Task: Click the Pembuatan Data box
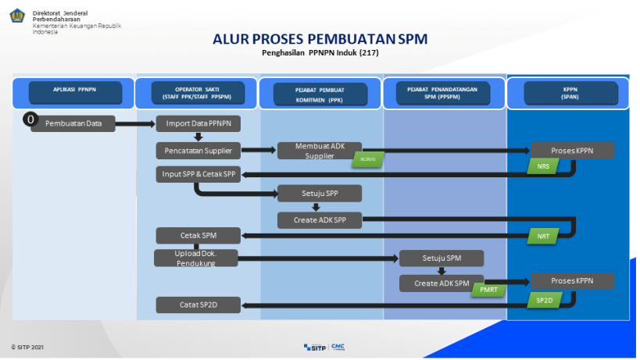click(73, 123)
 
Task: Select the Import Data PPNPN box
click(198, 123)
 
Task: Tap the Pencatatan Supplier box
click(198, 150)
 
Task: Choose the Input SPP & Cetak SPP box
click(198, 174)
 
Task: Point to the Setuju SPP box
click(319, 193)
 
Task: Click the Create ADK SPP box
click(319, 220)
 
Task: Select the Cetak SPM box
click(198, 236)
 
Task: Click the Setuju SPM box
click(442, 258)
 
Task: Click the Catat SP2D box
click(198, 305)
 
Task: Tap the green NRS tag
click(543, 166)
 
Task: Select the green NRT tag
click(543, 236)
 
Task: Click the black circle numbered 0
click(30, 119)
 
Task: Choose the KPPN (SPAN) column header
click(568, 94)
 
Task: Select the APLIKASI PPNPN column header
click(75, 93)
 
